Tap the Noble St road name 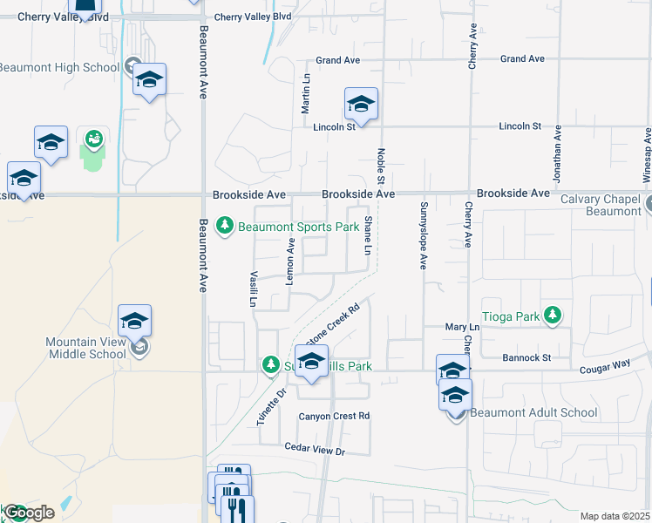pos(381,165)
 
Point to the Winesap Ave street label pos(647,157)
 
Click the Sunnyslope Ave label pos(424,235)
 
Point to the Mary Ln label pos(457,327)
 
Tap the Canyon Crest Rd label pos(335,416)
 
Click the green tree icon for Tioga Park pos(551,315)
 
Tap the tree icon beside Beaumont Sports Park pos(225,227)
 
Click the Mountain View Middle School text pos(85,348)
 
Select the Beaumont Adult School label pos(536,412)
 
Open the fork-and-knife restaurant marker pos(236,507)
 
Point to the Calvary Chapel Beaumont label pos(601,205)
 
